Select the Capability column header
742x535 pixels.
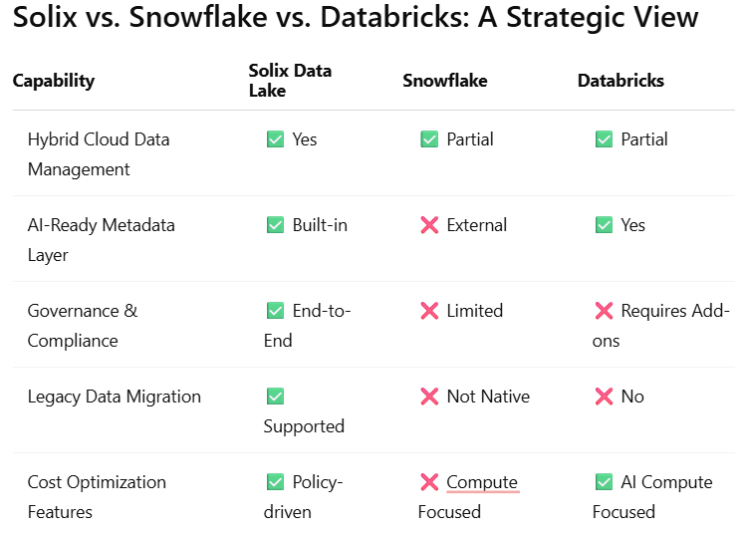click(54, 81)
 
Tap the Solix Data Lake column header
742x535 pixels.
click(290, 81)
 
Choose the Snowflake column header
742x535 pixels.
click(445, 81)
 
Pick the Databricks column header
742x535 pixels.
click(620, 81)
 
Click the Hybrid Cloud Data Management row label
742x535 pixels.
click(99, 154)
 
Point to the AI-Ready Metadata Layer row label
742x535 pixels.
click(102, 240)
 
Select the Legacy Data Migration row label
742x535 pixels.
click(115, 397)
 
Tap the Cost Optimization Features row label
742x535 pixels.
click(97, 497)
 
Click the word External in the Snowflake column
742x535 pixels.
click(476, 225)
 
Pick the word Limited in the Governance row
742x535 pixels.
click(475, 311)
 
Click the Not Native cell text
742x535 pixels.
click(488, 397)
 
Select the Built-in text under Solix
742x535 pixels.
click(320, 225)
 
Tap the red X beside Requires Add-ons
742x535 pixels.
click(604, 311)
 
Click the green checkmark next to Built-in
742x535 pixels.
click(275, 225)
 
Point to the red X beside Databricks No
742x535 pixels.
click(604, 397)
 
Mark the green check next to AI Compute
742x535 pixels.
click(604, 482)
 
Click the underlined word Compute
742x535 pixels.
click(482, 483)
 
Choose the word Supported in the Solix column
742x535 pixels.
click(304, 427)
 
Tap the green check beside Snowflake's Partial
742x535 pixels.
click(429, 139)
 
